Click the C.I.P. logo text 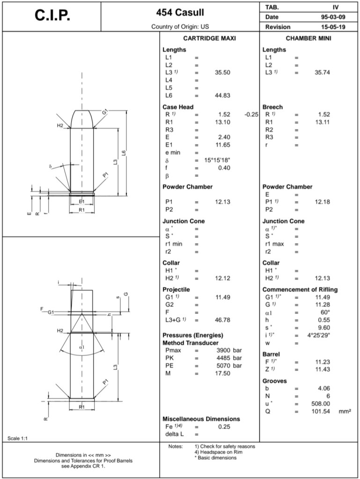click(x=52, y=15)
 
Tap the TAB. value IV click(x=336, y=7)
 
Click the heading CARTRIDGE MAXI click(x=209, y=38)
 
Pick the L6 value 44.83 click(x=221, y=95)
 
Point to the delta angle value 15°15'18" click(x=217, y=160)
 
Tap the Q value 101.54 click(x=321, y=412)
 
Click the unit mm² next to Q click(x=345, y=412)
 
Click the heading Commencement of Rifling click(x=300, y=290)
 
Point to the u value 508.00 click(x=321, y=404)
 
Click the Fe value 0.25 click(x=223, y=427)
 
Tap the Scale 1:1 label click(x=17, y=438)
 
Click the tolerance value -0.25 click(x=251, y=114)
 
